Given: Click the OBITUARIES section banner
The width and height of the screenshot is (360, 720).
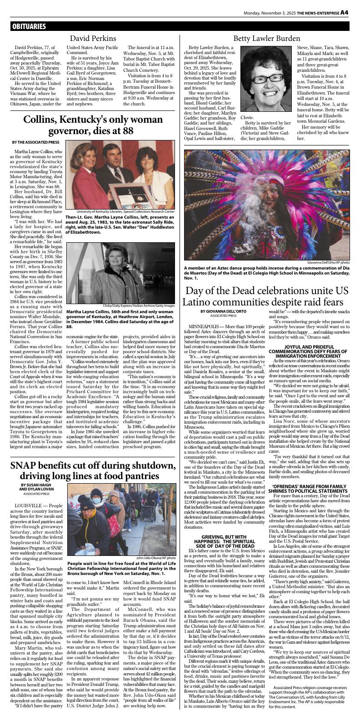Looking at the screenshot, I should click(x=30, y=26).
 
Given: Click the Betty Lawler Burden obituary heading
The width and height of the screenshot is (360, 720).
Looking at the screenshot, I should click(x=267, y=38).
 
